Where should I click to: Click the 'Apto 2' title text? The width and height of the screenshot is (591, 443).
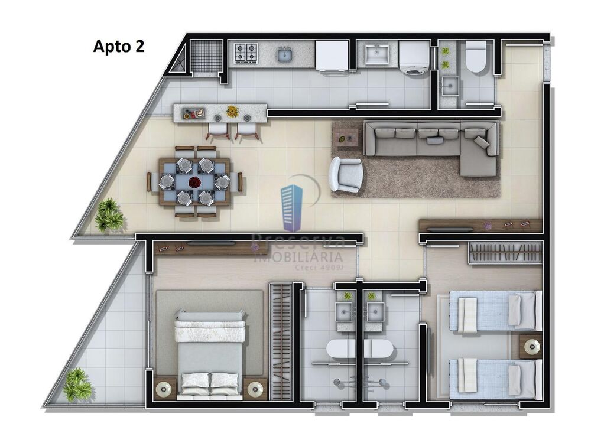click(x=118, y=47)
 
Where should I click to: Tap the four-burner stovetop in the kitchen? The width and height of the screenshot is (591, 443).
click(x=246, y=53)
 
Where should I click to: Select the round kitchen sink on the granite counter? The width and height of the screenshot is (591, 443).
click(x=285, y=56)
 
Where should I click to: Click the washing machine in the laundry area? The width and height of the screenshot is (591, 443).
click(x=414, y=58)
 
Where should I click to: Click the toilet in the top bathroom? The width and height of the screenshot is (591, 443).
click(x=476, y=57)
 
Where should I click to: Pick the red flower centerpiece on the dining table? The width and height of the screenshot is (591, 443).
click(x=194, y=182)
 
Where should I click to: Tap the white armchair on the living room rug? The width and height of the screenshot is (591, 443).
click(x=346, y=174)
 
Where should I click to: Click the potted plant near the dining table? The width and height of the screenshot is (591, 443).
click(x=109, y=215)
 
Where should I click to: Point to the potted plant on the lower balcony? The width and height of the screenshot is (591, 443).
click(x=77, y=385)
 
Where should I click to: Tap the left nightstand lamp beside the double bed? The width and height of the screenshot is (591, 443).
click(x=163, y=389)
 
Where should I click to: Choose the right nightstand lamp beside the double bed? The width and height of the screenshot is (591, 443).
click(x=255, y=388)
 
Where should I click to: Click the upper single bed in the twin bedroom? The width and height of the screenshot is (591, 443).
click(x=495, y=311)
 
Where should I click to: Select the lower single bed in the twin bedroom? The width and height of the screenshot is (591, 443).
click(x=495, y=378)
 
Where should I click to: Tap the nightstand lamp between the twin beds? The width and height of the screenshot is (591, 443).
click(x=532, y=347)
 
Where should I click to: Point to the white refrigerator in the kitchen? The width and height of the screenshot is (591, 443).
click(x=332, y=56)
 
